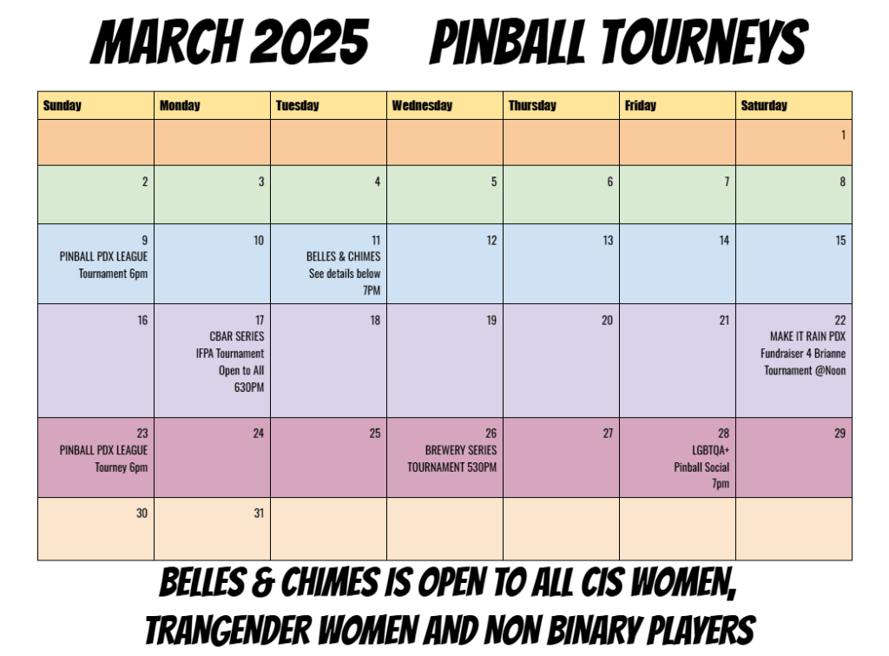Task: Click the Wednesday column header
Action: point(422,105)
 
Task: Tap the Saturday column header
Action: point(764,105)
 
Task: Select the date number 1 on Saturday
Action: point(843,135)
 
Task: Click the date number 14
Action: point(724,241)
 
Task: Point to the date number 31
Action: point(259,513)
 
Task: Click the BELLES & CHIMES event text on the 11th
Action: point(343,256)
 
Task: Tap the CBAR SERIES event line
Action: point(236,336)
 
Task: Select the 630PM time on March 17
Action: point(249,388)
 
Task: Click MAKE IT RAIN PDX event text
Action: point(807,336)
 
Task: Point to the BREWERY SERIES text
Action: point(460,450)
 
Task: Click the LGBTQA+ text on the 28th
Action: point(710,450)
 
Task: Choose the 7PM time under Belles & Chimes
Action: point(372,290)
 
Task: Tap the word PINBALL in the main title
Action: point(507,42)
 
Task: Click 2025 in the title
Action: point(310,42)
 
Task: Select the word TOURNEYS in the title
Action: point(703,42)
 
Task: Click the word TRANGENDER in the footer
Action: point(228,631)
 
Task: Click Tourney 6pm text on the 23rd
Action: point(121,467)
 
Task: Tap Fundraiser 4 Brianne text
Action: point(803,354)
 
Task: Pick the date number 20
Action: point(607,321)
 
